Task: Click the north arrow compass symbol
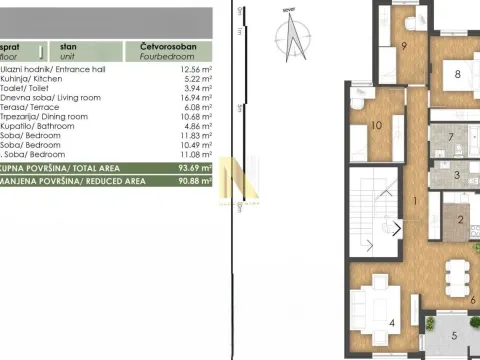[292, 35]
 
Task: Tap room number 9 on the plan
[404, 45]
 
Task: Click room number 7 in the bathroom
[451, 137]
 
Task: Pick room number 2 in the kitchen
[460, 220]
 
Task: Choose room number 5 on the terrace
[453, 337]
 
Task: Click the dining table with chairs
[455, 272]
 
